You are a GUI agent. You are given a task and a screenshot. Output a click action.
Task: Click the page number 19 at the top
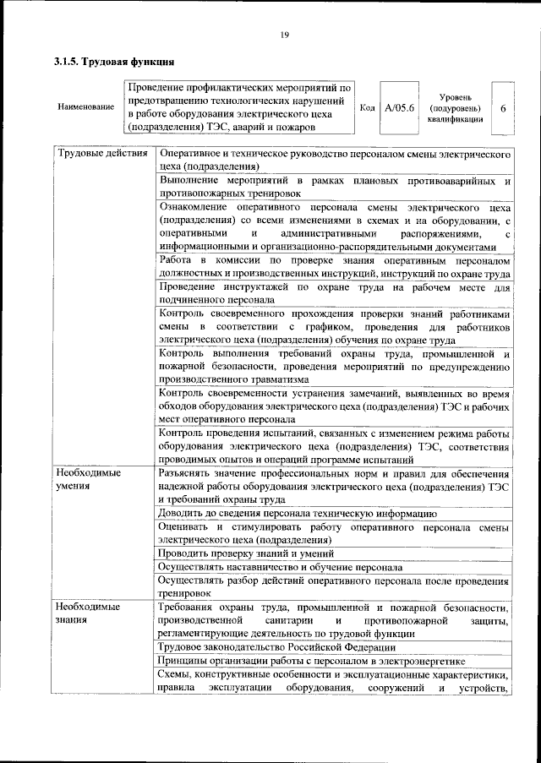point(284,34)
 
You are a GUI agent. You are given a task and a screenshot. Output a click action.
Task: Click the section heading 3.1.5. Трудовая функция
point(114,62)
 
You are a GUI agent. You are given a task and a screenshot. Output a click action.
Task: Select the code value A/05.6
point(397,108)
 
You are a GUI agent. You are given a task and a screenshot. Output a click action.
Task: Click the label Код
point(368,108)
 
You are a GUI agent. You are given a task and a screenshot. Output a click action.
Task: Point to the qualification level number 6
point(504,108)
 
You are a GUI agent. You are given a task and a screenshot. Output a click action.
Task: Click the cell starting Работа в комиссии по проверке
point(334,268)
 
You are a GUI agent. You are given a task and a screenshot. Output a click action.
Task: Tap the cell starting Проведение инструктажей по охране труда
point(334,293)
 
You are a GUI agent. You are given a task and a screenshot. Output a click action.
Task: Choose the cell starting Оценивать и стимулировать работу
point(334,533)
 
